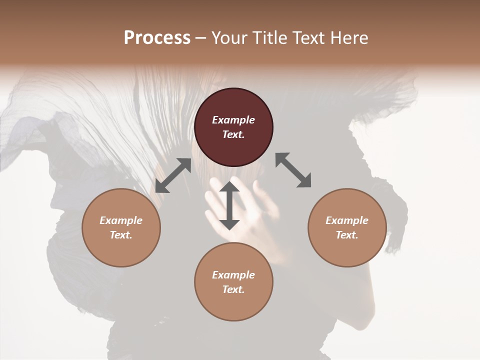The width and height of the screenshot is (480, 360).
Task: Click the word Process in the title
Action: pos(157,38)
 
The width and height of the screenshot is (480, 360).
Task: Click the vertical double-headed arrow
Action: pos(229,205)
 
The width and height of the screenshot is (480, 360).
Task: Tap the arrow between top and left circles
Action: pos(173,175)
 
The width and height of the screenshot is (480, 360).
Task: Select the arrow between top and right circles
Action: pos(293,170)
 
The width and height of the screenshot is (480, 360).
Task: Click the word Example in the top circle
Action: pos(233,120)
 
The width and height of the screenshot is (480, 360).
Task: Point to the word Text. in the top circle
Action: pos(233,134)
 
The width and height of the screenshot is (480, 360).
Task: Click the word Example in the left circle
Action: pos(121,220)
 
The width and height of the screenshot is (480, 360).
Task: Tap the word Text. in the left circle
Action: pos(121,235)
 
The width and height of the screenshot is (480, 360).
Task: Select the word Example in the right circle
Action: pos(347,220)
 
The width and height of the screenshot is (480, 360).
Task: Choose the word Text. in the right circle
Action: pos(347,235)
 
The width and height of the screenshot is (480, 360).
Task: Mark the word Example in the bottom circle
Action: pos(233,275)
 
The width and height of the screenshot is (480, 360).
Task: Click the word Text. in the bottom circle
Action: pos(233,289)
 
